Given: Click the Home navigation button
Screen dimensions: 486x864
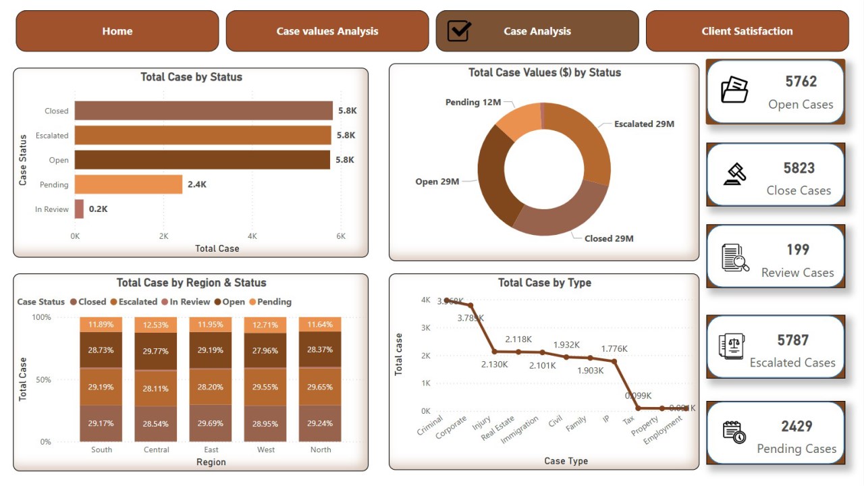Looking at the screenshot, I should [x=117, y=31].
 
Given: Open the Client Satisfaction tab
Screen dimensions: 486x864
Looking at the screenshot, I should [x=747, y=31].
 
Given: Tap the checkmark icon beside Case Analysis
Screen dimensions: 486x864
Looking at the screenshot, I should [x=459, y=31].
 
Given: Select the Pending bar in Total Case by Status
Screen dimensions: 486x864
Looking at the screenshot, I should [x=128, y=184].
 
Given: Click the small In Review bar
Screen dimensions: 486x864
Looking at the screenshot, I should [x=79, y=209].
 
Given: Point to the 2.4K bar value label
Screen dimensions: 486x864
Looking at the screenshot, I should [x=196, y=184].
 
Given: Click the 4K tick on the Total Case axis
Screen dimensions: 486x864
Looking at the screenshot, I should [x=252, y=236].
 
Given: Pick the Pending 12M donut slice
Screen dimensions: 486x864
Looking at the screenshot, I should [x=518, y=122].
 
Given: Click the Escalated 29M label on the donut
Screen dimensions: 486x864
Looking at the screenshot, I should [x=644, y=124].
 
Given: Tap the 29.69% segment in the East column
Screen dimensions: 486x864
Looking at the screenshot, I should [x=211, y=423].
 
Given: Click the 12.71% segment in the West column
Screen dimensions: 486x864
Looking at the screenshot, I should [x=265, y=325].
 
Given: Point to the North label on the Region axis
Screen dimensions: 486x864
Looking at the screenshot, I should [x=321, y=450].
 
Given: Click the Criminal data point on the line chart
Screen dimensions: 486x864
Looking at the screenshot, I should [x=446, y=300].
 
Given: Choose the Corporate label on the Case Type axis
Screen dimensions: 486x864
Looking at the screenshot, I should [x=452, y=426].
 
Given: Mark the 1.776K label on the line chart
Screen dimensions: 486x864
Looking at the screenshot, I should [x=614, y=349].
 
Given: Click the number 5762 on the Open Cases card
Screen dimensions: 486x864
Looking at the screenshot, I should [x=801, y=82].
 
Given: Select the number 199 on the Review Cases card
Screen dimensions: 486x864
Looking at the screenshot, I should [x=797, y=250].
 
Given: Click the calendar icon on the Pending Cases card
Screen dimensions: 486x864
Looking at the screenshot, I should [x=734, y=432].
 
